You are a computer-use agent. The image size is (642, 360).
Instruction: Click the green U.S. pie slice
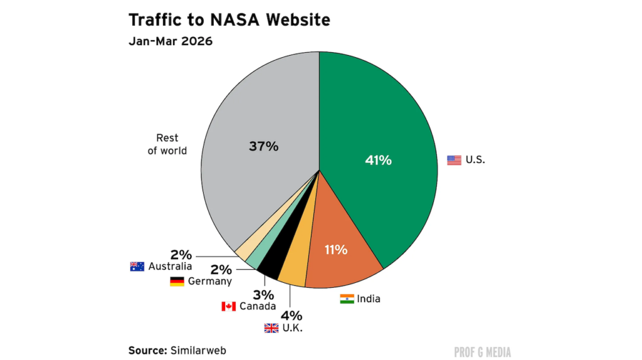pyautogui.click(x=376, y=138)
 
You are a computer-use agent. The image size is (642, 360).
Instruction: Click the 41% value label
pyautogui.click(x=378, y=161)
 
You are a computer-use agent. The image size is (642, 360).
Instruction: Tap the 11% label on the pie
pyautogui.click(x=335, y=250)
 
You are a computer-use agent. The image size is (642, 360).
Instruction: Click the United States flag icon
pyautogui.click(x=454, y=160)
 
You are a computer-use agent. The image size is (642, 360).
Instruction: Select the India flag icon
pyautogui.click(x=347, y=299)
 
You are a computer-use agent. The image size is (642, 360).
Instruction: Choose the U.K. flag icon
pyautogui.click(x=271, y=328)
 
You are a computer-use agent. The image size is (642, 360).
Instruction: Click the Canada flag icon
pyautogui.click(x=228, y=306)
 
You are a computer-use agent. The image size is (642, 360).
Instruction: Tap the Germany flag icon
pyautogui.click(x=177, y=282)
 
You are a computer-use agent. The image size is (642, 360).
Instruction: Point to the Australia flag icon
pyautogui.click(x=137, y=267)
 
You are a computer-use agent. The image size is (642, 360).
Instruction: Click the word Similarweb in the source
pyautogui.click(x=198, y=350)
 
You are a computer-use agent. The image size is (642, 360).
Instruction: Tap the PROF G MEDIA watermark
pyautogui.click(x=482, y=352)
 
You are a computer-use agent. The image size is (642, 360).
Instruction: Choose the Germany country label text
pyautogui.click(x=209, y=282)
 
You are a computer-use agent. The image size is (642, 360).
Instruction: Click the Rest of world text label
pyautogui.click(x=167, y=144)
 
